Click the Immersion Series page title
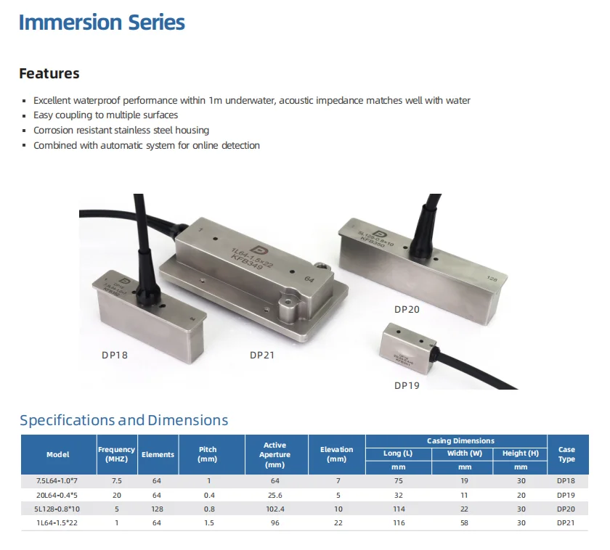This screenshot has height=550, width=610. click(x=102, y=22)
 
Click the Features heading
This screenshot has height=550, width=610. click(x=49, y=73)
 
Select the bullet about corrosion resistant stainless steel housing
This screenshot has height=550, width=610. click(x=121, y=131)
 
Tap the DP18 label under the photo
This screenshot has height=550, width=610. click(x=114, y=356)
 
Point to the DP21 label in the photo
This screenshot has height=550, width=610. click(x=262, y=355)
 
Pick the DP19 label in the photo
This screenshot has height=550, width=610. click(x=407, y=385)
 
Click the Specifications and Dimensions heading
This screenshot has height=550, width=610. click(x=123, y=420)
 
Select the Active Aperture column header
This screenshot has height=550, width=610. click(x=275, y=454)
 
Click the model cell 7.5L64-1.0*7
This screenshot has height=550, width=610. click(x=58, y=481)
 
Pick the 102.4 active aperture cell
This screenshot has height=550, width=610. click(x=275, y=509)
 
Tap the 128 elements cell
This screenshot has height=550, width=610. click(x=158, y=509)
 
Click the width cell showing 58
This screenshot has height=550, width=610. click(x=465, y=522)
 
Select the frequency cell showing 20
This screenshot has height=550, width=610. click(x=116, y=495)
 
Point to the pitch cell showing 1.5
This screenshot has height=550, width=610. click(x=208, y=522)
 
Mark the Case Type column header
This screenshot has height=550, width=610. click(x=566, y=454)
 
